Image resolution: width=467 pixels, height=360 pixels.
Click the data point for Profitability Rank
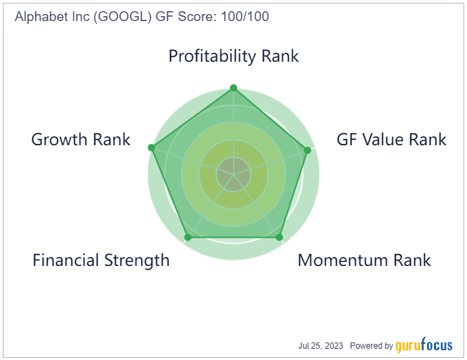point(233,88)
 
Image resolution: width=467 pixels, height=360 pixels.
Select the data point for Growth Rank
point(151,147)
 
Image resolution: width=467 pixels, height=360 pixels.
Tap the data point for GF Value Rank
point(308,150)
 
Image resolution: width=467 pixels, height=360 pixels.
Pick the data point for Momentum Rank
point(279,237)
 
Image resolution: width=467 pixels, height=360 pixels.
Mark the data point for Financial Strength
point(188,237)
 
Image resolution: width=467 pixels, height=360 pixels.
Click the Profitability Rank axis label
point(233,56)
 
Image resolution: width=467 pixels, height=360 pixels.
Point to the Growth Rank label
point(81,140)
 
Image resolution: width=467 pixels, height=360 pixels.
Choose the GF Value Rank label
point(391,140)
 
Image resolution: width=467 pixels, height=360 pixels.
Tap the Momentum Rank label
point(364,260)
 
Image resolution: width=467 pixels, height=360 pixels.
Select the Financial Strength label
point(101,260)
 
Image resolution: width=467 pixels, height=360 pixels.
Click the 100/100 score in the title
point(245,16)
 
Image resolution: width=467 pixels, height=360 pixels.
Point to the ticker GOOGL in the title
point(123,16)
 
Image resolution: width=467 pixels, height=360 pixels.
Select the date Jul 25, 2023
point(320,346)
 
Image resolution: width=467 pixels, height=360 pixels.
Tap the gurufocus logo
point(424,345)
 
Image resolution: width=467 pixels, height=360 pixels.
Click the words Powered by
point(372,346)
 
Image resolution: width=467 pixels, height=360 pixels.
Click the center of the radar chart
point(233,174)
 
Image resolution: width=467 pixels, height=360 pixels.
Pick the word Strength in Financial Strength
point(137,261)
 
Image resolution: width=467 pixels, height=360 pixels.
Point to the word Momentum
point(344,260)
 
